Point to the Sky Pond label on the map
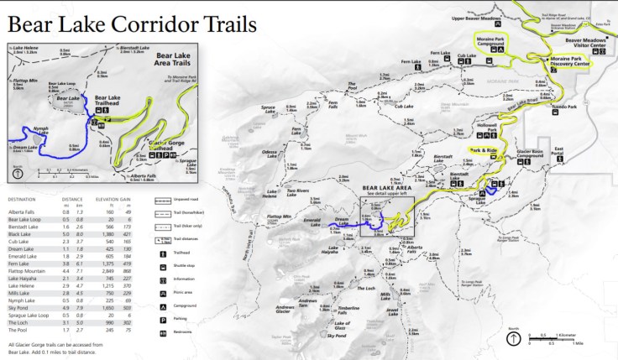336,335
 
